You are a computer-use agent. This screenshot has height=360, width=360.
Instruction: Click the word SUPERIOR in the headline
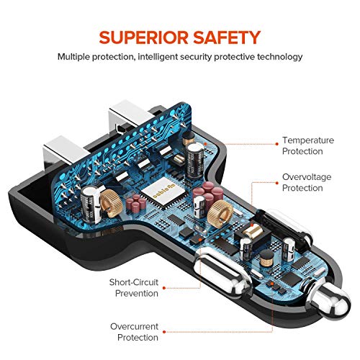coord(143,37)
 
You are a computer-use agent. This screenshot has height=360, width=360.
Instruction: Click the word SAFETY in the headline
coord(227,37)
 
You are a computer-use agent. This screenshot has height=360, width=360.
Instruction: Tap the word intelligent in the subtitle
coord(158,57)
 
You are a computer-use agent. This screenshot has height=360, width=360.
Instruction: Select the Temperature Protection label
coord(308,145)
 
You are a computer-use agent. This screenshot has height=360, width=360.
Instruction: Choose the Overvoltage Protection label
coord(307,182)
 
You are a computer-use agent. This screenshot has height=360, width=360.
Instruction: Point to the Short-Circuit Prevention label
coord(134,288)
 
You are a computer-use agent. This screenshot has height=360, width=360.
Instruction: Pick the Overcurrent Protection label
coord(135,332)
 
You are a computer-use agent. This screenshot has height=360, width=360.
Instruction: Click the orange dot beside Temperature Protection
coord(277,144)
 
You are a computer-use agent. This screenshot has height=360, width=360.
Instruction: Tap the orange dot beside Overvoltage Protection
coord(277,183)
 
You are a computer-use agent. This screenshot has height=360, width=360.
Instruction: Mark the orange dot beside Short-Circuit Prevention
coord(164,288)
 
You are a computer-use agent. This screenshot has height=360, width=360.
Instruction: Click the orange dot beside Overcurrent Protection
coord(164,332)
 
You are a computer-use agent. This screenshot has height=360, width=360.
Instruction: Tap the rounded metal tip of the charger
coord(331,301)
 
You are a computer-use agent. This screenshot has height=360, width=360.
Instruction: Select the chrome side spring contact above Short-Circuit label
coord(222,272)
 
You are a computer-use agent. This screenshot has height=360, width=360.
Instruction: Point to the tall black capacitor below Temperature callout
coord(195,160)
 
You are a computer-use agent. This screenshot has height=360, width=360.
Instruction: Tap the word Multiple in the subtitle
coord(73,57)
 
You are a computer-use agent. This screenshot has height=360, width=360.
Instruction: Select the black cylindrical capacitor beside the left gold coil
coord(91,204)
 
